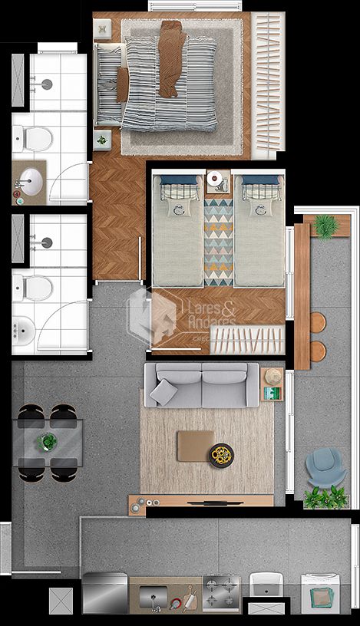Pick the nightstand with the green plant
pos(102,141)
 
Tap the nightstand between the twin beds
pos(218,181)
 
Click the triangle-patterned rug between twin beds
pos(218,238)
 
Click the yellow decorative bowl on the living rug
pos(223,454)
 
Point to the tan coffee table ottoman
pos(195,445)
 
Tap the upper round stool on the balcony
pos(317,321)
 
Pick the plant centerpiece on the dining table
pos(48,442)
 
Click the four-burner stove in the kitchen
pos(221,591)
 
